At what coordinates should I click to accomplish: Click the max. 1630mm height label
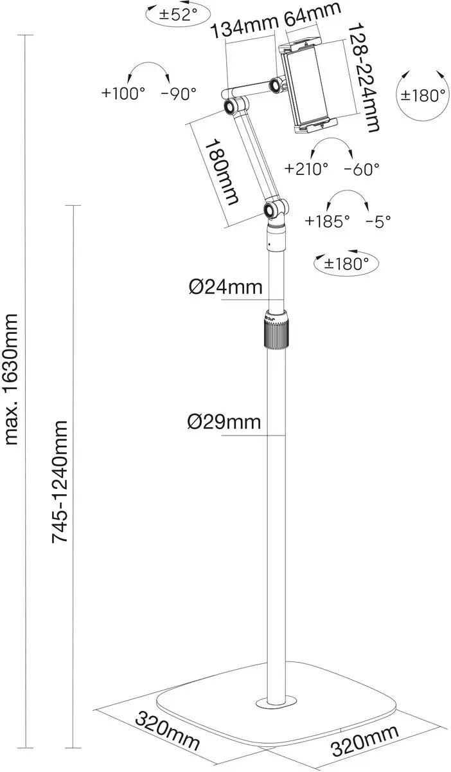tap(12, 380)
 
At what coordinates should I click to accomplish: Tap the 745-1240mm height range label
tap(60, 482)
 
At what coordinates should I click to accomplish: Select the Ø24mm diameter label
tap(225, 287)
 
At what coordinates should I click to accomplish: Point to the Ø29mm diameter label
tap(224, 422)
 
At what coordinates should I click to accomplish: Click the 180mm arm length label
tap(222, 172)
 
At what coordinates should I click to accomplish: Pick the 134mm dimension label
tap(243, 26)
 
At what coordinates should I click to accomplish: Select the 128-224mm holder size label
tap(364, 78)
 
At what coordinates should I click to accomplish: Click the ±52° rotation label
tap(179, 14)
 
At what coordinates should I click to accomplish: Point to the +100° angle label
tap(123, 93)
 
